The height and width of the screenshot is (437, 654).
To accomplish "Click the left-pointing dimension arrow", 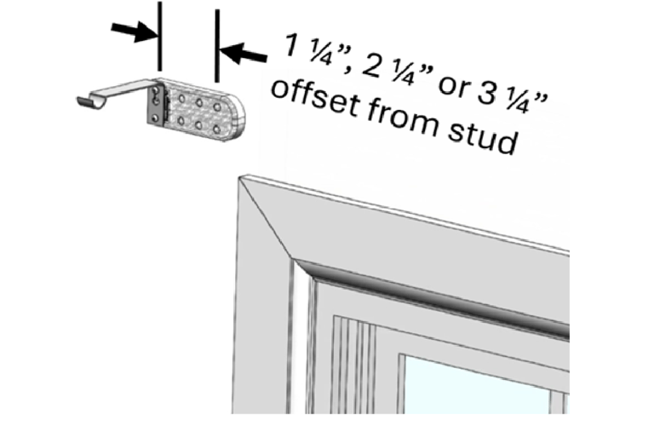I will tap(242, 53).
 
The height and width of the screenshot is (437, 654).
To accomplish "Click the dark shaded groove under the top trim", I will tap(426, 294).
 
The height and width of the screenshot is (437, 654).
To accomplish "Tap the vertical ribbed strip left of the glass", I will tap(350, 366).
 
